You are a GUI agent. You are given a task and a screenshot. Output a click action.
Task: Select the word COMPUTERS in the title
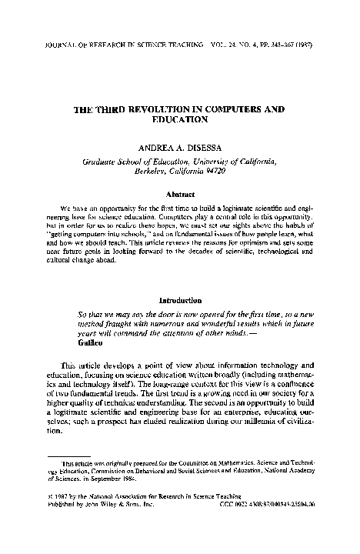point(240,111)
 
